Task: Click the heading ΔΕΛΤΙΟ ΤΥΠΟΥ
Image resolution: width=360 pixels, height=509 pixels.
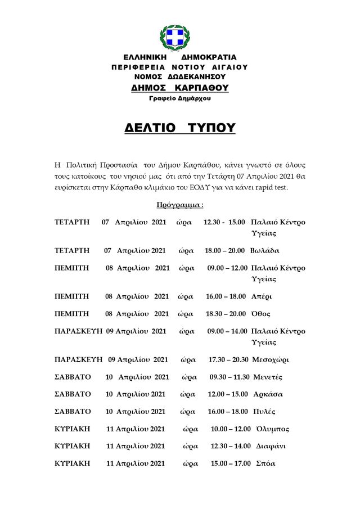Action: click(x=180, y=128)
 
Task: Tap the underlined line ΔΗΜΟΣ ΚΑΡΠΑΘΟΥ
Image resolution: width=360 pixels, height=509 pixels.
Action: click(x=180, y=88)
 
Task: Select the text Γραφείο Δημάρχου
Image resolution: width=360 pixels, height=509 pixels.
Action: click(x=180, y=98)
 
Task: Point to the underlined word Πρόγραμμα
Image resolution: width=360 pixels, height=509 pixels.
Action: click(x=180, y=205)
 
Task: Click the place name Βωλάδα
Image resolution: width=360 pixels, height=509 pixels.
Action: click(x=264, y=250)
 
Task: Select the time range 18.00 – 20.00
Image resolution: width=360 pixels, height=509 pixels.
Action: click(x=224, y=250)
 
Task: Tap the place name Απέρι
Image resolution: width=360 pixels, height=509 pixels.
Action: click(x=261, y=296)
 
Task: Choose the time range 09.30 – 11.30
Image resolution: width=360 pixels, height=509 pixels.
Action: click(x=229, y=377)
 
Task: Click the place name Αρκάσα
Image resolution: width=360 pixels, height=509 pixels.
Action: click(x=267, y=394)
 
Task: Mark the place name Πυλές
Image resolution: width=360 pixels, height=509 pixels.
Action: click(x=262, y=412)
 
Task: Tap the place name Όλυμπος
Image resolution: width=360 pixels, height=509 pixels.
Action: click(x=272, y=429)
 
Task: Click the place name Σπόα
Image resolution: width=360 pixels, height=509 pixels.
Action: click(x=265, y=463)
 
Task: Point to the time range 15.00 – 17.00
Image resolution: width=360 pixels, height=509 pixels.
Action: click(x=230, y=463)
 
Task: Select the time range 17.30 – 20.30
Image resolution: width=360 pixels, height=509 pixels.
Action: click(x=228, y=359)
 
